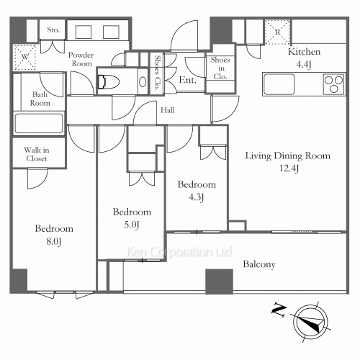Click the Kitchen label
304,52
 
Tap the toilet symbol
109,82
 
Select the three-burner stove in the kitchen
333,84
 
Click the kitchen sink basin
279,84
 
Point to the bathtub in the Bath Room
39,123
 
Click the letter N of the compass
279,310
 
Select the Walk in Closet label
37,154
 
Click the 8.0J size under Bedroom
54,241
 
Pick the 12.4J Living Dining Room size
289,168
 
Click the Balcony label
259,264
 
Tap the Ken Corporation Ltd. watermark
180,252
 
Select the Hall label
168,110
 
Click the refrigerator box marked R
277,32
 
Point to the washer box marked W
25,57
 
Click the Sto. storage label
53,30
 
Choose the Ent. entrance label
187,80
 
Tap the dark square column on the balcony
220,282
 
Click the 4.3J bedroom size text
197,197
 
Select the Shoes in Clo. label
220,68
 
